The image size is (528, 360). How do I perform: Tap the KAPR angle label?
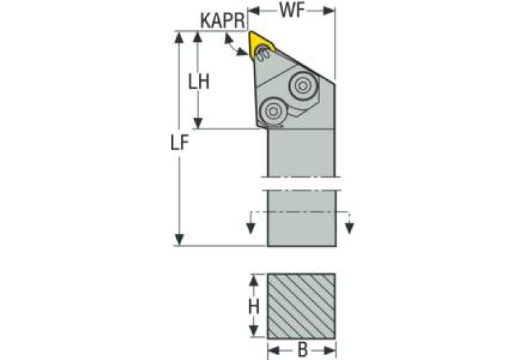pyautogui.click(x=222, y=20)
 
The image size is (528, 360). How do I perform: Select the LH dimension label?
pyautogui.click(x=200, y=81)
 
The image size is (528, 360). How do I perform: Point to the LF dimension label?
pyautogui.click(x=180, y=143)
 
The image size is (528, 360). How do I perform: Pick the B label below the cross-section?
pyautogui.click(x=302, y=350)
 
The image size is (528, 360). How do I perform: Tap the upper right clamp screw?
pyautogui.click(x=302, y=85)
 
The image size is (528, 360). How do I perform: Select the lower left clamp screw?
pyautogui.click(x=272, y=109)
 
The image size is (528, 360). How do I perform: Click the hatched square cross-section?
pyautogui.click(x=302, y=304)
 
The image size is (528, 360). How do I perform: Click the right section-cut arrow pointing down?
pyautogui.click(x=350, y=228)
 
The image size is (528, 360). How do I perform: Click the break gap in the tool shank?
pyautogui.click(x=302, y=184)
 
